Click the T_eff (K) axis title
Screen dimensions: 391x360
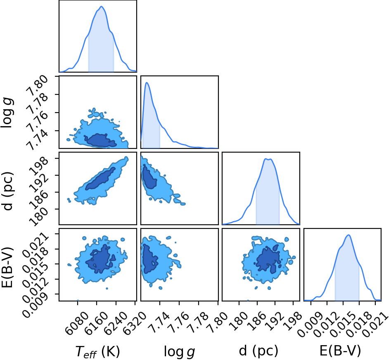point(97,352)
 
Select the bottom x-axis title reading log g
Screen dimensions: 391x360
point(179,352)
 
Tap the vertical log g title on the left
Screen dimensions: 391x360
point(7,113)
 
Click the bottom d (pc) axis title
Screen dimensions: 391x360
point(258,351)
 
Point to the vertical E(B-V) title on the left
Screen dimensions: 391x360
point(7,268)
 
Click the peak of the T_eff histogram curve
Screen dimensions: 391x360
point(101,7)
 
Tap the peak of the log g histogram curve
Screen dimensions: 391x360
point(147,82)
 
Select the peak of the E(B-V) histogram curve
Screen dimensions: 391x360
point(348,235)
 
